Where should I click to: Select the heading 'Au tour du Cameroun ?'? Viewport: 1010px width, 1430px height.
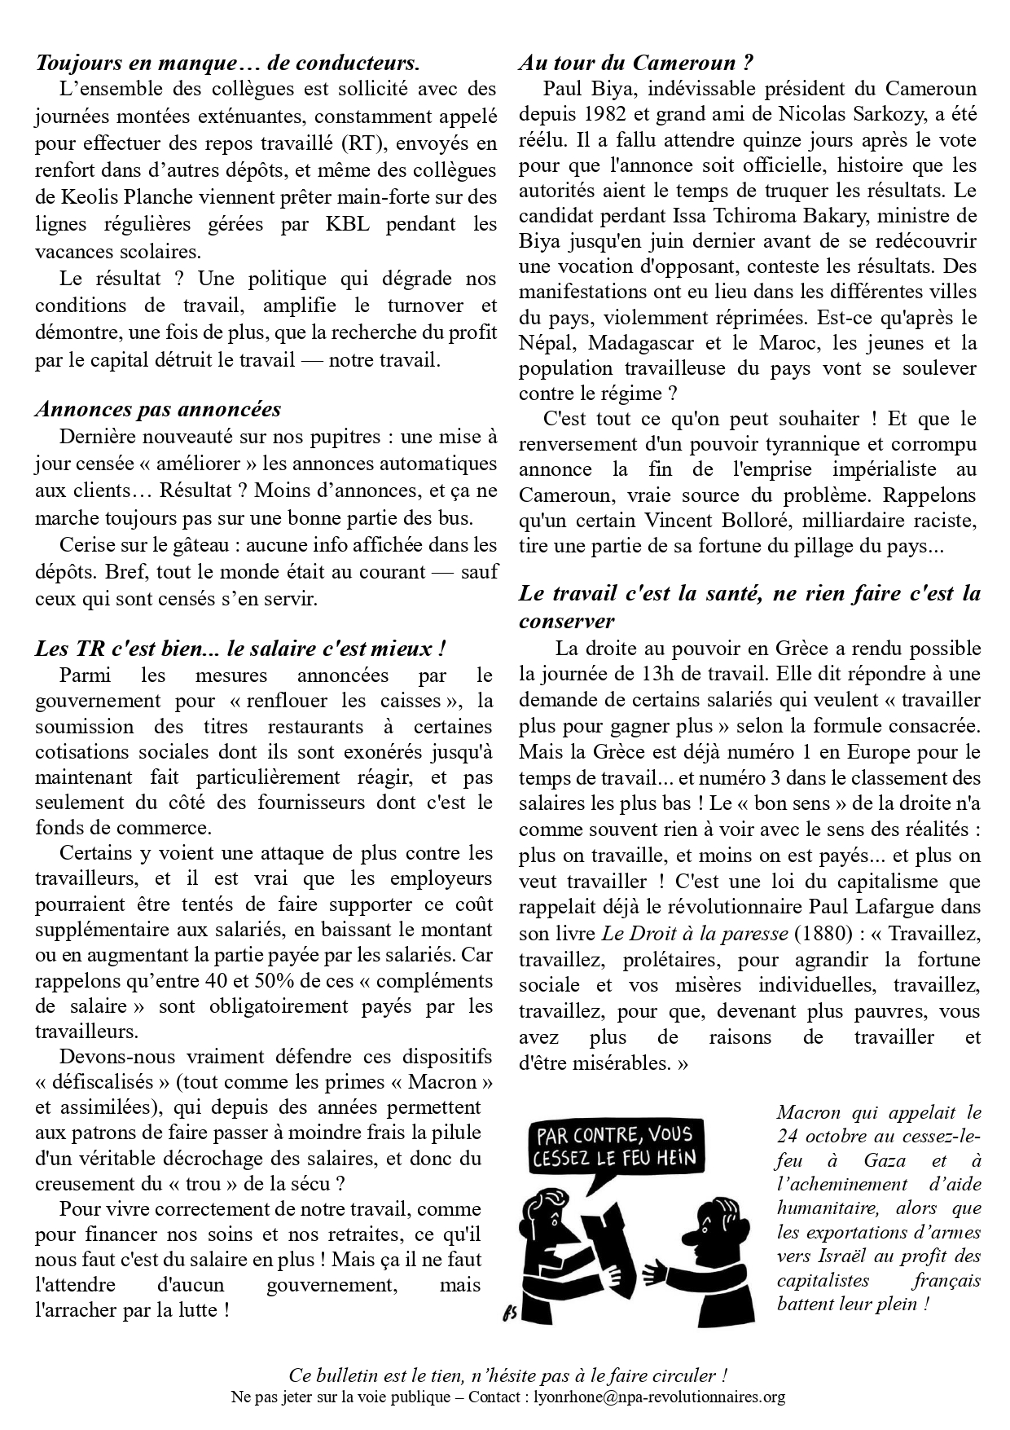pos(635,63)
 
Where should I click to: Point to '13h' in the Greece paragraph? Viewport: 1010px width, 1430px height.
pos(683,674)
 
